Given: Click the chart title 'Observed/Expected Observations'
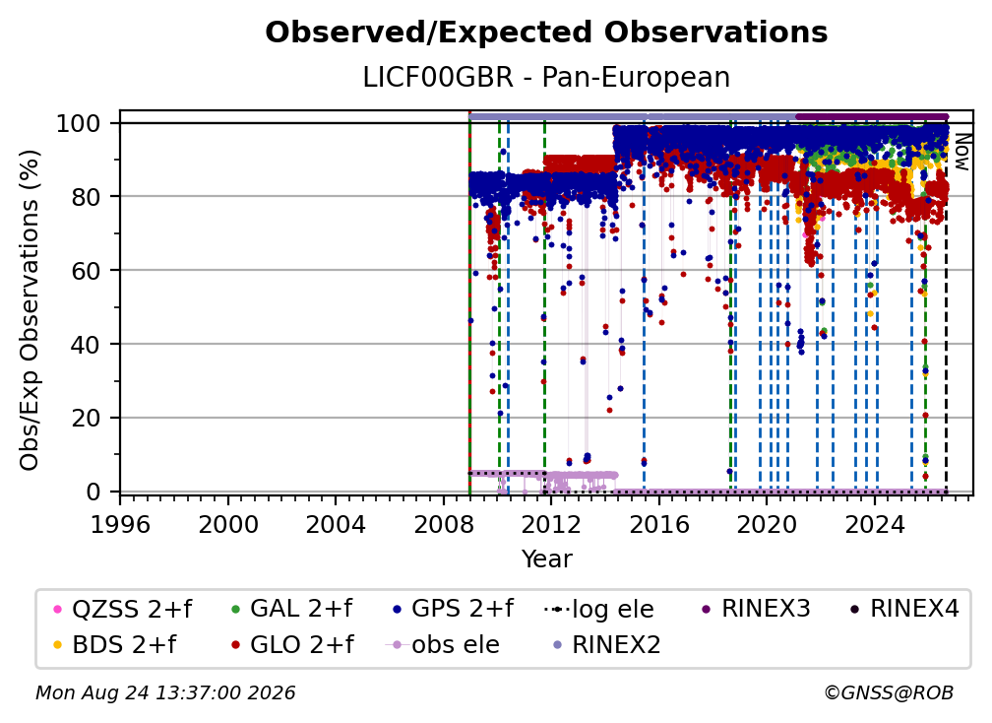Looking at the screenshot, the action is click(x=546, y=33).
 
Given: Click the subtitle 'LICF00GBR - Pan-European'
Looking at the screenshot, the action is click(x=546, y=77).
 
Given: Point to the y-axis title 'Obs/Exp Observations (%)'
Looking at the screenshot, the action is click(x=30, y=310).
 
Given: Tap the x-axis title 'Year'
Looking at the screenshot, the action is click(x=546, y=559).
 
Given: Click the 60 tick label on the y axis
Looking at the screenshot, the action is click(x=86, y=270).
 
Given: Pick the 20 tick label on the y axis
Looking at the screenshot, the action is click(x=86, y=418).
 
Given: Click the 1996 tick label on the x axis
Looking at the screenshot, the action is click(x=120, y=525).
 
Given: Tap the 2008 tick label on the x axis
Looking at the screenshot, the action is click(x=444, y=525).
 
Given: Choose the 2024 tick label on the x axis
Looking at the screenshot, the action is click(x=875, y=525).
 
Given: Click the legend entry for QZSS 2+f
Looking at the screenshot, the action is click(x=123, y=609).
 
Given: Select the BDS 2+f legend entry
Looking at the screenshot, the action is click(x=116, y=644).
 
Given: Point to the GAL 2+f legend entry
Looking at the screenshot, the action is click(x=291, y=609).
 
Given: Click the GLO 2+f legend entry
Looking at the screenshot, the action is click(x=293, y=644).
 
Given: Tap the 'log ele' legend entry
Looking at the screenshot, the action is click(x=598, y=609).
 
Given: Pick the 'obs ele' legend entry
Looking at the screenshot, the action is click(x=443, y=644).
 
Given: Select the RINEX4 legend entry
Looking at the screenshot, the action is click(x=904, y=609).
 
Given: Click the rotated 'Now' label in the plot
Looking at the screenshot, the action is click(x=961, y=152).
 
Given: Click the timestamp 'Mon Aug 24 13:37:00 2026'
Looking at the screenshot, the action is click(x=165, y=692).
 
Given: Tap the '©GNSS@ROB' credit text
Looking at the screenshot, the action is click(x=889, y=692).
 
